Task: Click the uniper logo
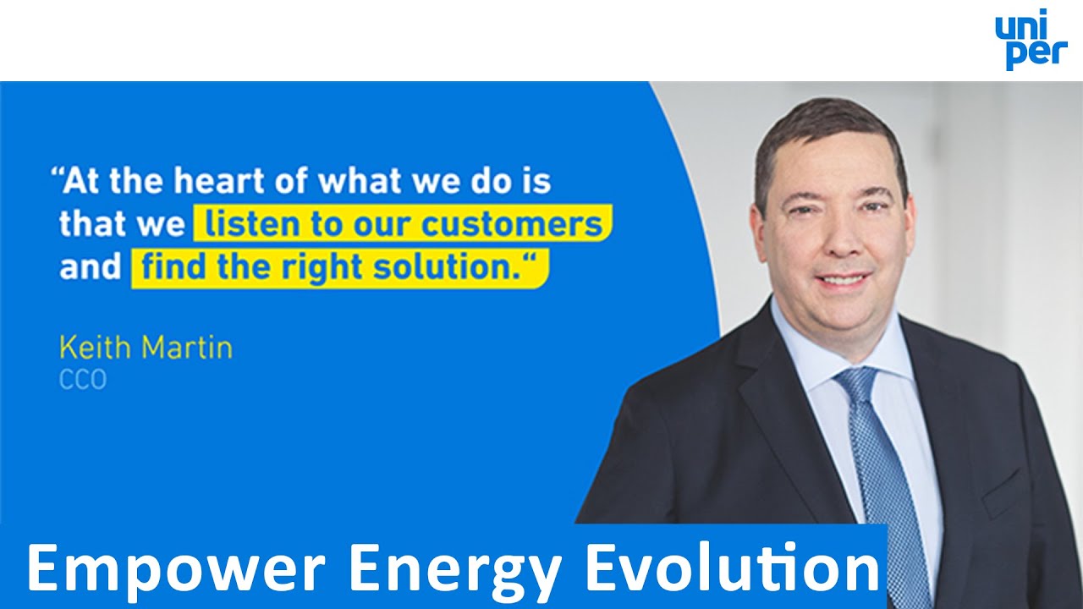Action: [1031, 40]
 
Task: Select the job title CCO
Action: [82, 381]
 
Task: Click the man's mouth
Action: [842, 279]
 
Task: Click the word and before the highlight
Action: [91, 268]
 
